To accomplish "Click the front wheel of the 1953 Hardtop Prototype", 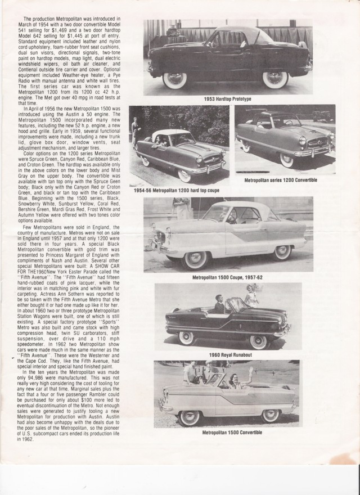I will (174, 79).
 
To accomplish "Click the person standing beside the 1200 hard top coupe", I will (135, 132).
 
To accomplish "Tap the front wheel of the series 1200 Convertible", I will (287, 160).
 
